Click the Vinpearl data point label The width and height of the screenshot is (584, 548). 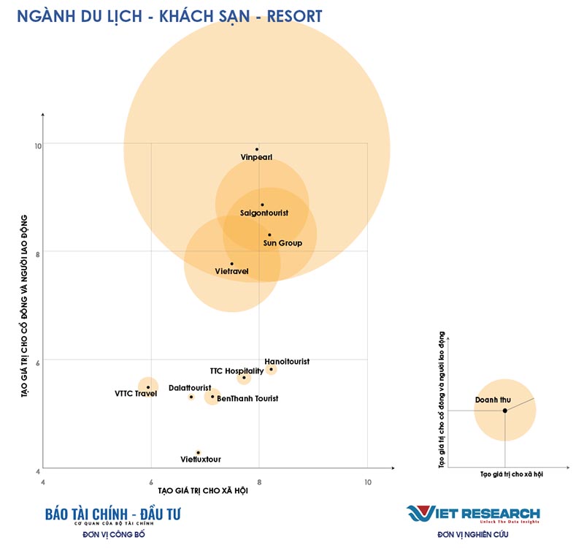pos(256,157)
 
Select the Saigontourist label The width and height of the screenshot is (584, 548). pos(264,213)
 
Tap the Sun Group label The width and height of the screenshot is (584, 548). pos(283,243)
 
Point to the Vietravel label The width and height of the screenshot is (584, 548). pos(232,271)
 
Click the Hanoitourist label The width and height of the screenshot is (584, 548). pos(287,362)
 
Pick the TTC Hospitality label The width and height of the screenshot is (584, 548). pos(237,371)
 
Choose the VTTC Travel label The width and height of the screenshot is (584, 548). pos(136,394)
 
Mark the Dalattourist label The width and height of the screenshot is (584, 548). pos(190,387)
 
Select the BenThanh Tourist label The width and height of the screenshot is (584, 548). pos(247,398)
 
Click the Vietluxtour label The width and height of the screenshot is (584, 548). pos(201,460)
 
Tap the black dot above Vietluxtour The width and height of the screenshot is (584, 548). pos(198,452)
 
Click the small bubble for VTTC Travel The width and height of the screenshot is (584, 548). pos(148,387)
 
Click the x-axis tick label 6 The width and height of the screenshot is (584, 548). pos(151,482)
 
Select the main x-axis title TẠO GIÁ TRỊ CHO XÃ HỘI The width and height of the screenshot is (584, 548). pos(203,490)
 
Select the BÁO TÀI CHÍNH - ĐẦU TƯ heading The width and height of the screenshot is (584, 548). pos(112,514)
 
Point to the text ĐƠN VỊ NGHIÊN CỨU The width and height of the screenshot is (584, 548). pos(473,535)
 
